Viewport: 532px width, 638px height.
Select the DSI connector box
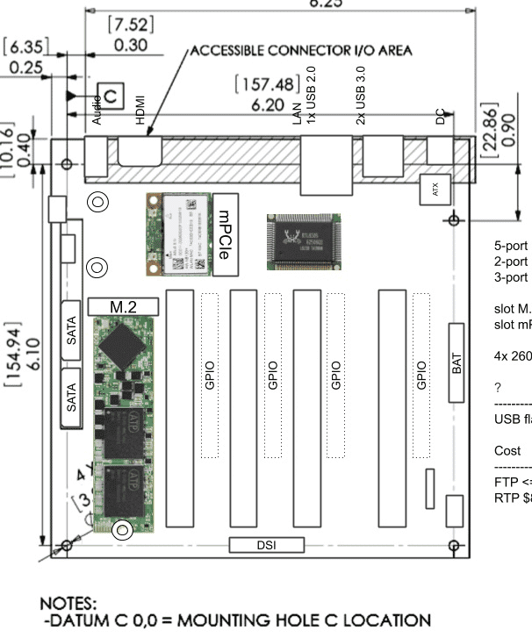click(267, 545)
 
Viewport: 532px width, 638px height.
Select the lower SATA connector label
click(73, 395)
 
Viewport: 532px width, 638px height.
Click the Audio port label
click(97, 108)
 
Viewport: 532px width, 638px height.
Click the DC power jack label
click(441, 117)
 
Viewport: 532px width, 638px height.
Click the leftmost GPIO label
click(209, 374)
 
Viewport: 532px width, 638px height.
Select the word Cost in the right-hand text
click(507, 450)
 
